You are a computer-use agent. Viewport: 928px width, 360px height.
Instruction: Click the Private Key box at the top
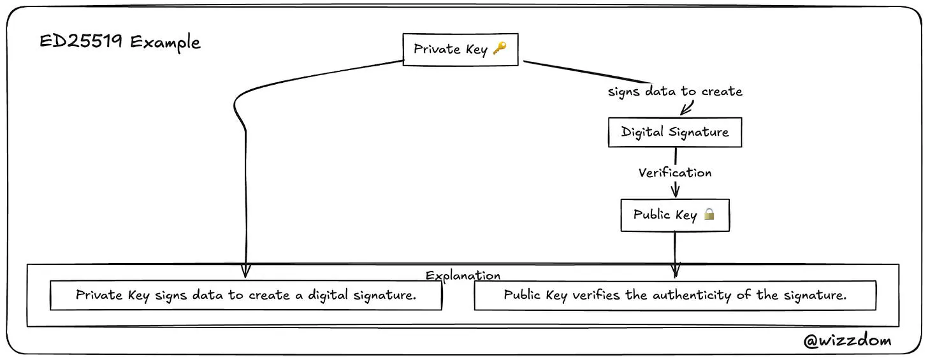pyautogui.click(x=460, y=49)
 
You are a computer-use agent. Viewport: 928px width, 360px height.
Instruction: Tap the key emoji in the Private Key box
pyautogui.click(x=500, y=48)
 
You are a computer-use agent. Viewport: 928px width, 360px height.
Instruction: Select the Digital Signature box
pyautogui.click(x=674, y=133)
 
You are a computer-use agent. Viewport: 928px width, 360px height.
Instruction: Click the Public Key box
pyautogui.click(x=674, y=215)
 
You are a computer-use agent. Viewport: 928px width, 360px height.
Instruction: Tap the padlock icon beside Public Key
pyautogui.click(x=709, y=214)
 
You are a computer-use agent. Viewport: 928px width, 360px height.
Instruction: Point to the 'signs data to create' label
pyautogui.click(x=674, y=92)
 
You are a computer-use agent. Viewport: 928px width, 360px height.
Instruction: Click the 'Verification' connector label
pyautogui.click(x=674, y=173)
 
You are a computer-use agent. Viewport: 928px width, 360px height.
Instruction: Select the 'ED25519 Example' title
pyautogui.click(x=120, y=43)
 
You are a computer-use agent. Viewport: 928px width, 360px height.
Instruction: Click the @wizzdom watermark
pyautogui.click(x=847, y=341)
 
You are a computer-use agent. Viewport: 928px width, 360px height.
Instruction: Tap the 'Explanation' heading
pyautogui.click(x=463, y=275)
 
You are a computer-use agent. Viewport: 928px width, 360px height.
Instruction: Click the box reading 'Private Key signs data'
pyautogui.click(x=245, y=296)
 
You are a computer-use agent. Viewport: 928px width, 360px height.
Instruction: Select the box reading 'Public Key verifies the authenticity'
pyautogui.click(x=674, y=296)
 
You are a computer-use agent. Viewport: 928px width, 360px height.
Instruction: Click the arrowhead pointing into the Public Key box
pyautogui.click(x=675, y=192)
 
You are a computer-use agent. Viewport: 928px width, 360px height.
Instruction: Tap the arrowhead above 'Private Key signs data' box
pyautogui.click(x=246, y=272)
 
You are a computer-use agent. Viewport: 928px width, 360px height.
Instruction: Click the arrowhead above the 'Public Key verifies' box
pyautogui.click(x=676, y=271)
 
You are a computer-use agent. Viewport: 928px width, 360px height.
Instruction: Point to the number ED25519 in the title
pyautogui.click(x=84, y=43)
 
